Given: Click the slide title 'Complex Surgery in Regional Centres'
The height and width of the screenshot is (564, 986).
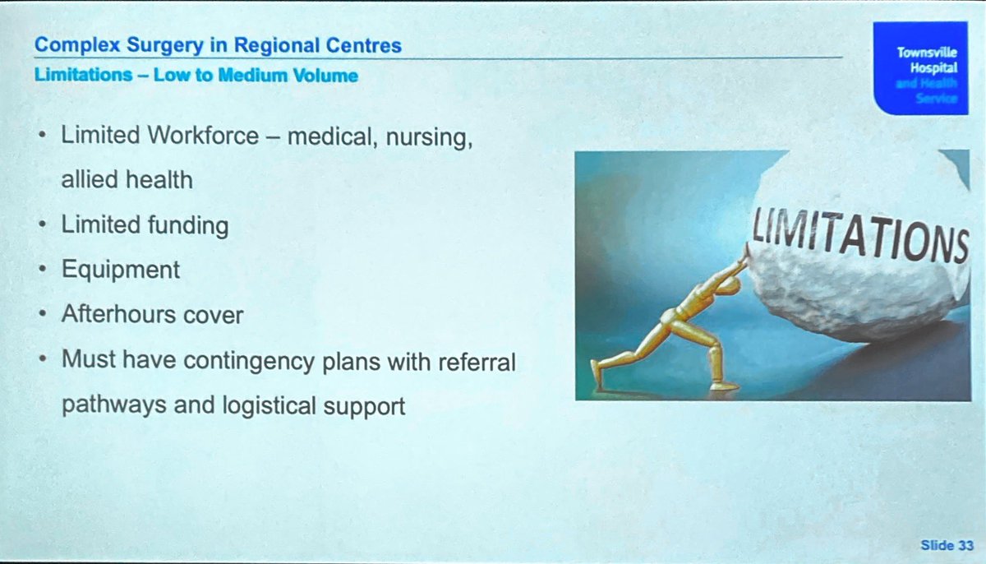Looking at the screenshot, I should (219, 45).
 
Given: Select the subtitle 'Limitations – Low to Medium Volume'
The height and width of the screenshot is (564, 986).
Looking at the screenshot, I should (196, 76).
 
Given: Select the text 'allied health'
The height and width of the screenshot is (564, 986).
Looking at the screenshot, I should (127, 179).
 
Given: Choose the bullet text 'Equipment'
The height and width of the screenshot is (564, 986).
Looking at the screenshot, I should (120, 270).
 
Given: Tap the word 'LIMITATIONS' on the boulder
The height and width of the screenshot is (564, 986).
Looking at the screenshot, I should (855, 233).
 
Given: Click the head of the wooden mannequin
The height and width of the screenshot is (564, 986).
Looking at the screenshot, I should (734, 272).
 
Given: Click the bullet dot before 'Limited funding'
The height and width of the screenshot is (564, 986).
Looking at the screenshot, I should (41, 224).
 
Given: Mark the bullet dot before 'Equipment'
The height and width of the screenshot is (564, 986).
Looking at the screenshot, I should (41, 270).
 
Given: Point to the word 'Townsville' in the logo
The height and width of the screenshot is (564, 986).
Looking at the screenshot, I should (927, 52).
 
